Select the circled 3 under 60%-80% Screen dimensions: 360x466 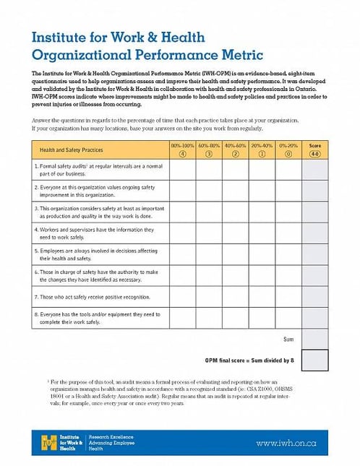[x=209, y=153]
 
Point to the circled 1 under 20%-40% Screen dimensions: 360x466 [x=262, y=153]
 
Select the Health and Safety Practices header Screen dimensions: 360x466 [x=71, y=150]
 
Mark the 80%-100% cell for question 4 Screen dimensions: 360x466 [x=182, y=233]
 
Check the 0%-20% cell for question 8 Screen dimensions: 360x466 [x=288, y=317]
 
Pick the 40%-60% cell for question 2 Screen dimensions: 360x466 [x=235, y=191]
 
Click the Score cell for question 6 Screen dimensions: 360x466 [x=314, y=275]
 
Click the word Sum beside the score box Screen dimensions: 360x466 [x=288, y=338]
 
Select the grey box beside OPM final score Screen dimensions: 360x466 [x=314, y=359]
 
